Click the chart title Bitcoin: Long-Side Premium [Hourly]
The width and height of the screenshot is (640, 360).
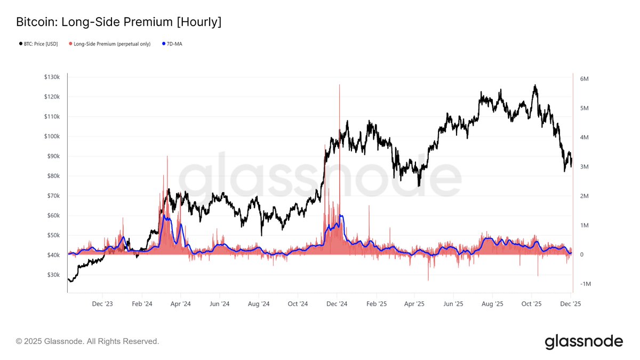[118, 22]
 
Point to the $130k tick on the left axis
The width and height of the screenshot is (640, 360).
[52, 77]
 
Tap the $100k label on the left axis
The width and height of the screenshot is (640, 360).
[52, 137]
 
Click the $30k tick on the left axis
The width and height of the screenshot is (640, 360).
[53, 275]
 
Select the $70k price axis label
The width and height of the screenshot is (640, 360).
[53, 196]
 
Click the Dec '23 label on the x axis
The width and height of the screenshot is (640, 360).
[102, 304]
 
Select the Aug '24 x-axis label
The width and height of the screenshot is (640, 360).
[258, 304]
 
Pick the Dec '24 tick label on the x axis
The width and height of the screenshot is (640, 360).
[337, 304]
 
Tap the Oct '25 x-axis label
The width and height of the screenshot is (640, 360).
[531, 304]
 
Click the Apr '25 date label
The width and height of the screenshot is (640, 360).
[414, 304]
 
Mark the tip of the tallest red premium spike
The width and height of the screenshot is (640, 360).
[339, 85]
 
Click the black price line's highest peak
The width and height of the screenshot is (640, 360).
[535, 85]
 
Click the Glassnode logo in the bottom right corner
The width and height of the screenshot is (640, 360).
[583, 341]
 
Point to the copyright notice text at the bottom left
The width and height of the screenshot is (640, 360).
[87, 341]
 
